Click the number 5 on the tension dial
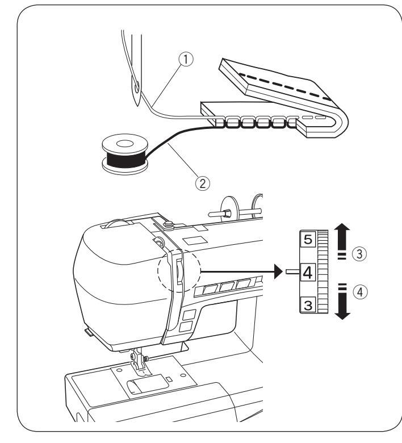tap(307, 240)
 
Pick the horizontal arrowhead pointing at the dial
tap(278, 272)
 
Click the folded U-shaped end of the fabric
tap(338, 120)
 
